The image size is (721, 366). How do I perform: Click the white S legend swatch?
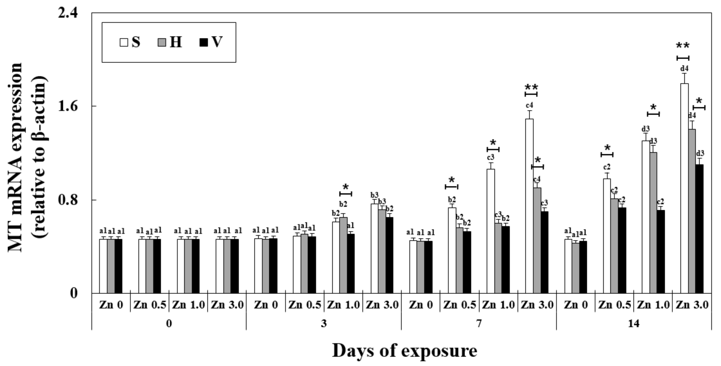click(124, 43)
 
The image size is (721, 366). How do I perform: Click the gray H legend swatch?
click(162, 43)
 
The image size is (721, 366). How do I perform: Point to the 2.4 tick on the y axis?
click(68, 13)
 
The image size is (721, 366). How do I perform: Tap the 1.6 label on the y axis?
click(68, 106)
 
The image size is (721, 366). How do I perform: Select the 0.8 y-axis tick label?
click(68, 200)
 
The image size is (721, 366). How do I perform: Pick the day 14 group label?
click(633, 324)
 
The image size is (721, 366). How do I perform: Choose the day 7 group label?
click(479, 324)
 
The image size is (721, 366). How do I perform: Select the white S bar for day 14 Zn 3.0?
click(684, 188)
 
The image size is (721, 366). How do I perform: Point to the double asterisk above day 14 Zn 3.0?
click(683, 46)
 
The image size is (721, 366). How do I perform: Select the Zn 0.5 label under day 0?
click(150, 305)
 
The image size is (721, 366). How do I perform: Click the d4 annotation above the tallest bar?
click(684, 69)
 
